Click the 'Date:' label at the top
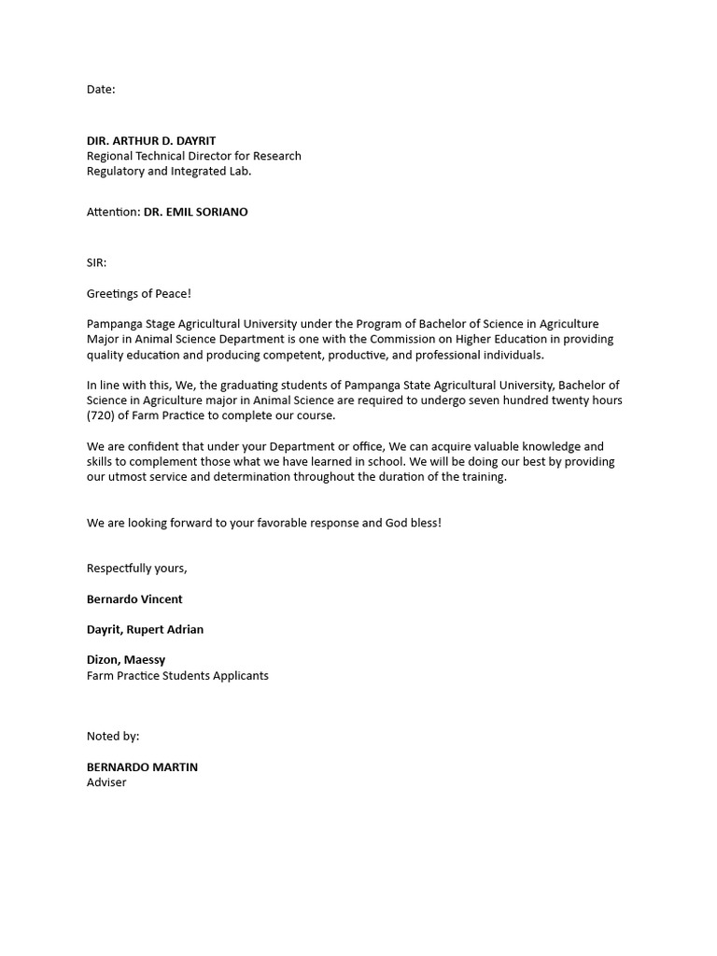(101, 90)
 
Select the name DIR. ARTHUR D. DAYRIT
(151, 141)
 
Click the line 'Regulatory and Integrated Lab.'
(169, 171)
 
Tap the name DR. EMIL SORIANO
(195, 212)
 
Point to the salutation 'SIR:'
(97, 263)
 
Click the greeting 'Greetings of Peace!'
(139, 293)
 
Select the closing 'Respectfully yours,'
(137, 569)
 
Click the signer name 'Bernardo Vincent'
(134, 599)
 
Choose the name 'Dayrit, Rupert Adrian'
(145, 629)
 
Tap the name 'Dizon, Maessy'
(126, 659)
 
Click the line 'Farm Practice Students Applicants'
(177, 675)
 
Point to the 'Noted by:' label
(113, 736)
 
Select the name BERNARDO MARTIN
(142, 767)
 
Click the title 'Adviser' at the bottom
(106, 782)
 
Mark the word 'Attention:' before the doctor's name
(113, 212)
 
